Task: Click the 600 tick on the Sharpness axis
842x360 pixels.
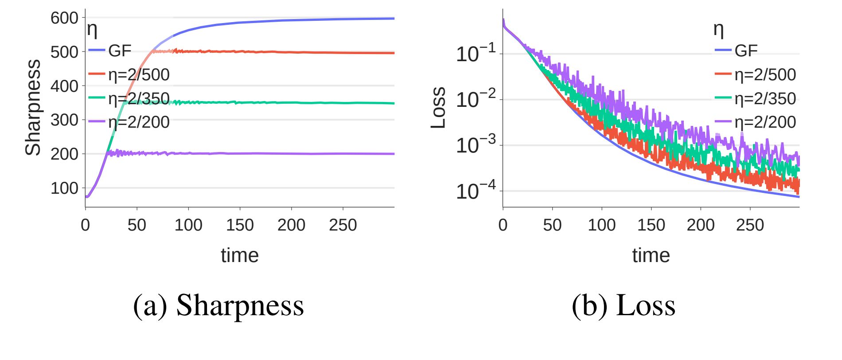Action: [64, 18]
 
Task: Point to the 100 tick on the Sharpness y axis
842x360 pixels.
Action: [64, 188]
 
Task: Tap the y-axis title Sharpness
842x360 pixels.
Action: [33, 107]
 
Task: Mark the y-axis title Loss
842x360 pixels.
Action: [438, 108]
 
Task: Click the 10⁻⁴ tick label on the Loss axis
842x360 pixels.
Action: [476, 190]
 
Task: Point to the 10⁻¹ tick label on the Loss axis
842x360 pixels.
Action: [476, 53]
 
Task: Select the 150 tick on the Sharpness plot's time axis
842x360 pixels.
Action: [240, 225]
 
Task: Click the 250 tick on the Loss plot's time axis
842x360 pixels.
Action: [750, 225]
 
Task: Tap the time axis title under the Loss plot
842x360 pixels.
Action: [651, 255]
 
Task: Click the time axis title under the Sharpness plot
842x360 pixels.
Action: [240, 255]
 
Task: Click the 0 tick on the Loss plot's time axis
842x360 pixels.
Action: [503, 225]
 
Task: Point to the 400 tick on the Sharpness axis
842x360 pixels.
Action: [64, 86]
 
